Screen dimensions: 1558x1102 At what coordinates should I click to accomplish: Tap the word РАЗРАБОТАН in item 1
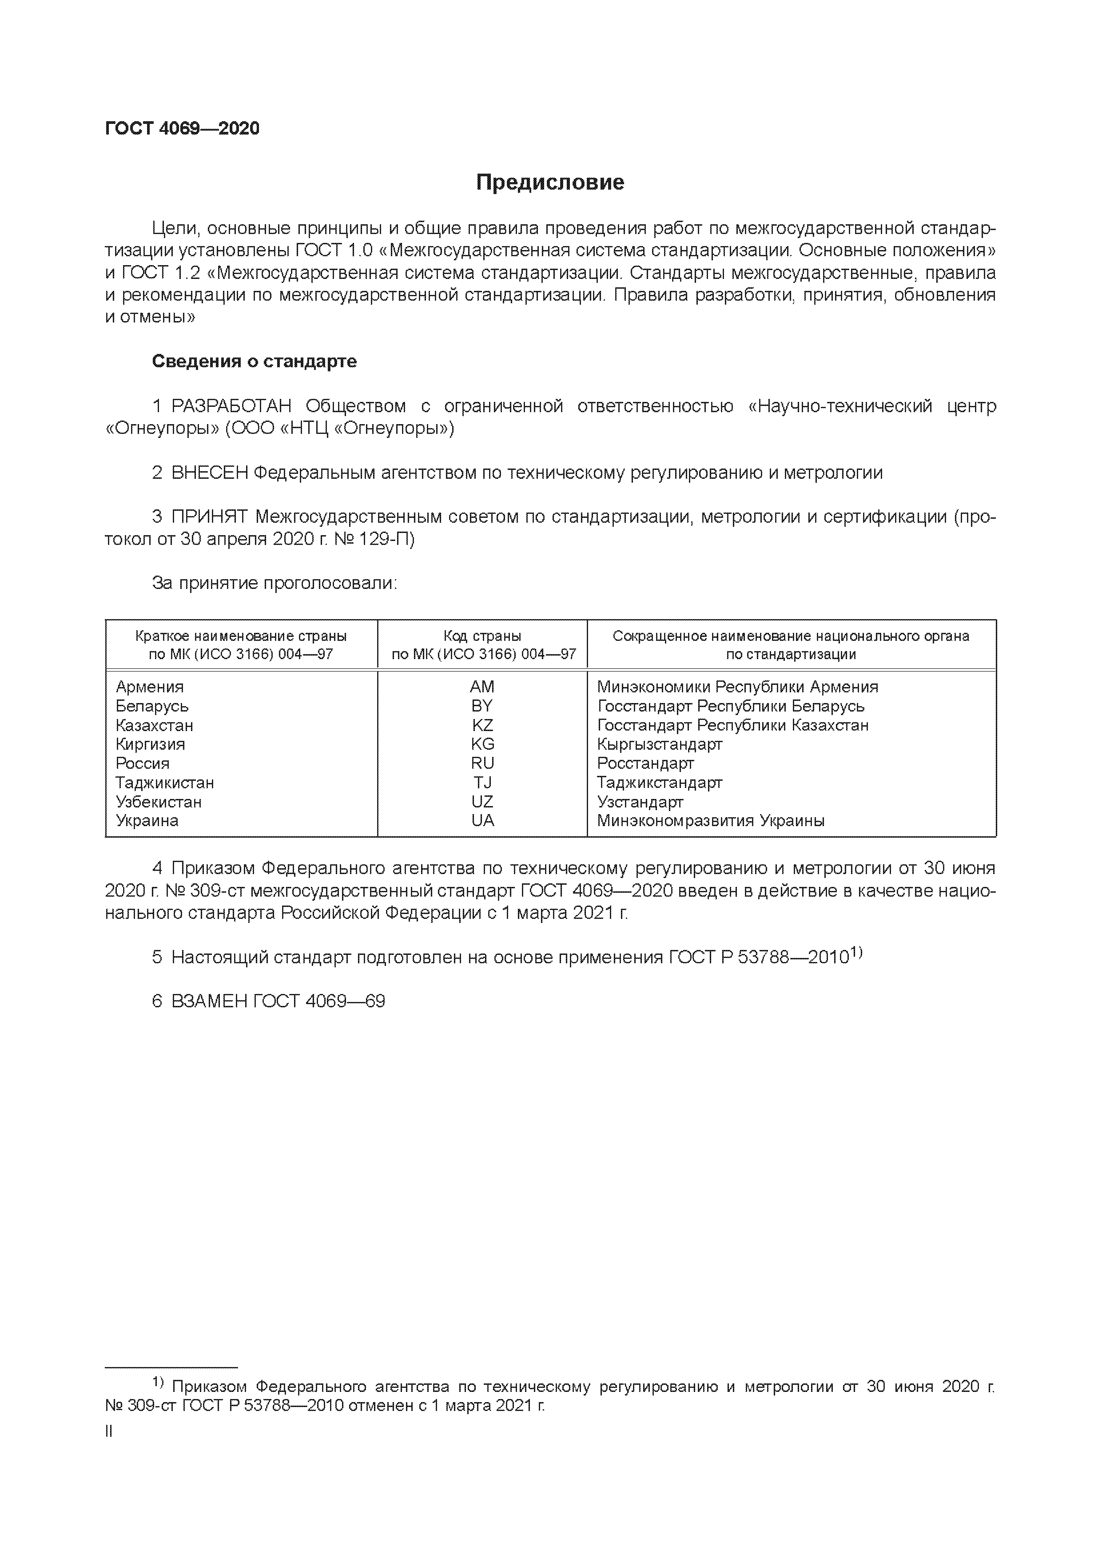(231, 406)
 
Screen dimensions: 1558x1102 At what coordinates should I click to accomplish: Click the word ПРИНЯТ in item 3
(210, 517)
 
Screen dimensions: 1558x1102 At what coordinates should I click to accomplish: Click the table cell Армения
(150, 687)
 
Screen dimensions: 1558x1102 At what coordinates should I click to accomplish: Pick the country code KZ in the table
(482, 725)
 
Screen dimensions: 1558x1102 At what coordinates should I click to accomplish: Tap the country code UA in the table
(482, 821)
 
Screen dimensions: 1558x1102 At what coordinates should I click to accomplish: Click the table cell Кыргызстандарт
(660, 744)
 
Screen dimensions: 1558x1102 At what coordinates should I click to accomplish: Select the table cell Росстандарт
(645, 763)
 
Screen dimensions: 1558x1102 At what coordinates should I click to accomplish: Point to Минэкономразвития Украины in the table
(711, 821)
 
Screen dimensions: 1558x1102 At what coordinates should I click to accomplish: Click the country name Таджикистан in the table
(165, 783)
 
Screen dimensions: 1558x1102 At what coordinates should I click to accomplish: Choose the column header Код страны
(482, 636)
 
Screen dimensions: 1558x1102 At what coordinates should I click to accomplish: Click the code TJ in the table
(482, 783)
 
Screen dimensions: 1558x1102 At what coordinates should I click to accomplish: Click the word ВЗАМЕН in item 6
(210, 1002)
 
